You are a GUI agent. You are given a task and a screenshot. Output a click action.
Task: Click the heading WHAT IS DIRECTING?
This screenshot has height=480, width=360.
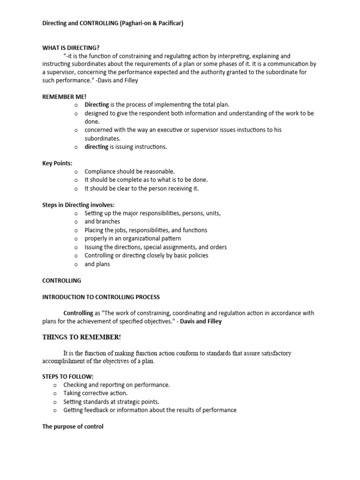click(x=71, y=48)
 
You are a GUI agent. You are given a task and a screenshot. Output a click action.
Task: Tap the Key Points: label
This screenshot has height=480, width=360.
click(x=57, y=163)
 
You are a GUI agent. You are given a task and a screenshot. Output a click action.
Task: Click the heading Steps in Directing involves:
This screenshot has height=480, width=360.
click(x=78, y=205)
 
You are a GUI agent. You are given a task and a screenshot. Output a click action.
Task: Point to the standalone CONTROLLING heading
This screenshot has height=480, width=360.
click(x=61, y=281)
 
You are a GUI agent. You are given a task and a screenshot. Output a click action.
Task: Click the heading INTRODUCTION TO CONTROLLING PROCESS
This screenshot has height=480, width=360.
click(x=101, y=297)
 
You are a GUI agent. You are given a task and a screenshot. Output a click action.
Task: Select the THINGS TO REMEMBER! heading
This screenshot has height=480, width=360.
click(x=82, y=337)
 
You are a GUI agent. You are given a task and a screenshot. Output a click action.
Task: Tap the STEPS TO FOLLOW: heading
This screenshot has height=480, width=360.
click(x=68, y=376)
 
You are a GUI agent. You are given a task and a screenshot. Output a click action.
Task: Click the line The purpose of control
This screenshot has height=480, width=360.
click(x=73, y=427)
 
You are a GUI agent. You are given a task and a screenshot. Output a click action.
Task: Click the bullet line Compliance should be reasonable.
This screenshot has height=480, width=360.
click(x=129, y=172)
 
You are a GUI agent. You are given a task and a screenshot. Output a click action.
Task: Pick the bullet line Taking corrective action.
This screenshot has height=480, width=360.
click(x=95, y=393)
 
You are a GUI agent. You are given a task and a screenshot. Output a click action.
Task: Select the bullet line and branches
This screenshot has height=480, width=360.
click(x=102, y=222)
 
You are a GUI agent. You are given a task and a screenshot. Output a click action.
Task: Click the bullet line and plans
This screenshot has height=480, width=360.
click(x=97, y=264)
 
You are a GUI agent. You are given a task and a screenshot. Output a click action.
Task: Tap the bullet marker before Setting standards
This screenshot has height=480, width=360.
click(x=55, y=402)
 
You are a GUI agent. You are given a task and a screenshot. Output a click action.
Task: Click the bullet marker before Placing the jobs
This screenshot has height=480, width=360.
click(x=75, y=230)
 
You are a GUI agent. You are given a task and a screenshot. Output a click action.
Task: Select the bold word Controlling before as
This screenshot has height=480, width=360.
click(x=78, y=313)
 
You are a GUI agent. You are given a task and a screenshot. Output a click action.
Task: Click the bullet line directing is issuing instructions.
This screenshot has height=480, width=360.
click(x=125, y=147)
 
